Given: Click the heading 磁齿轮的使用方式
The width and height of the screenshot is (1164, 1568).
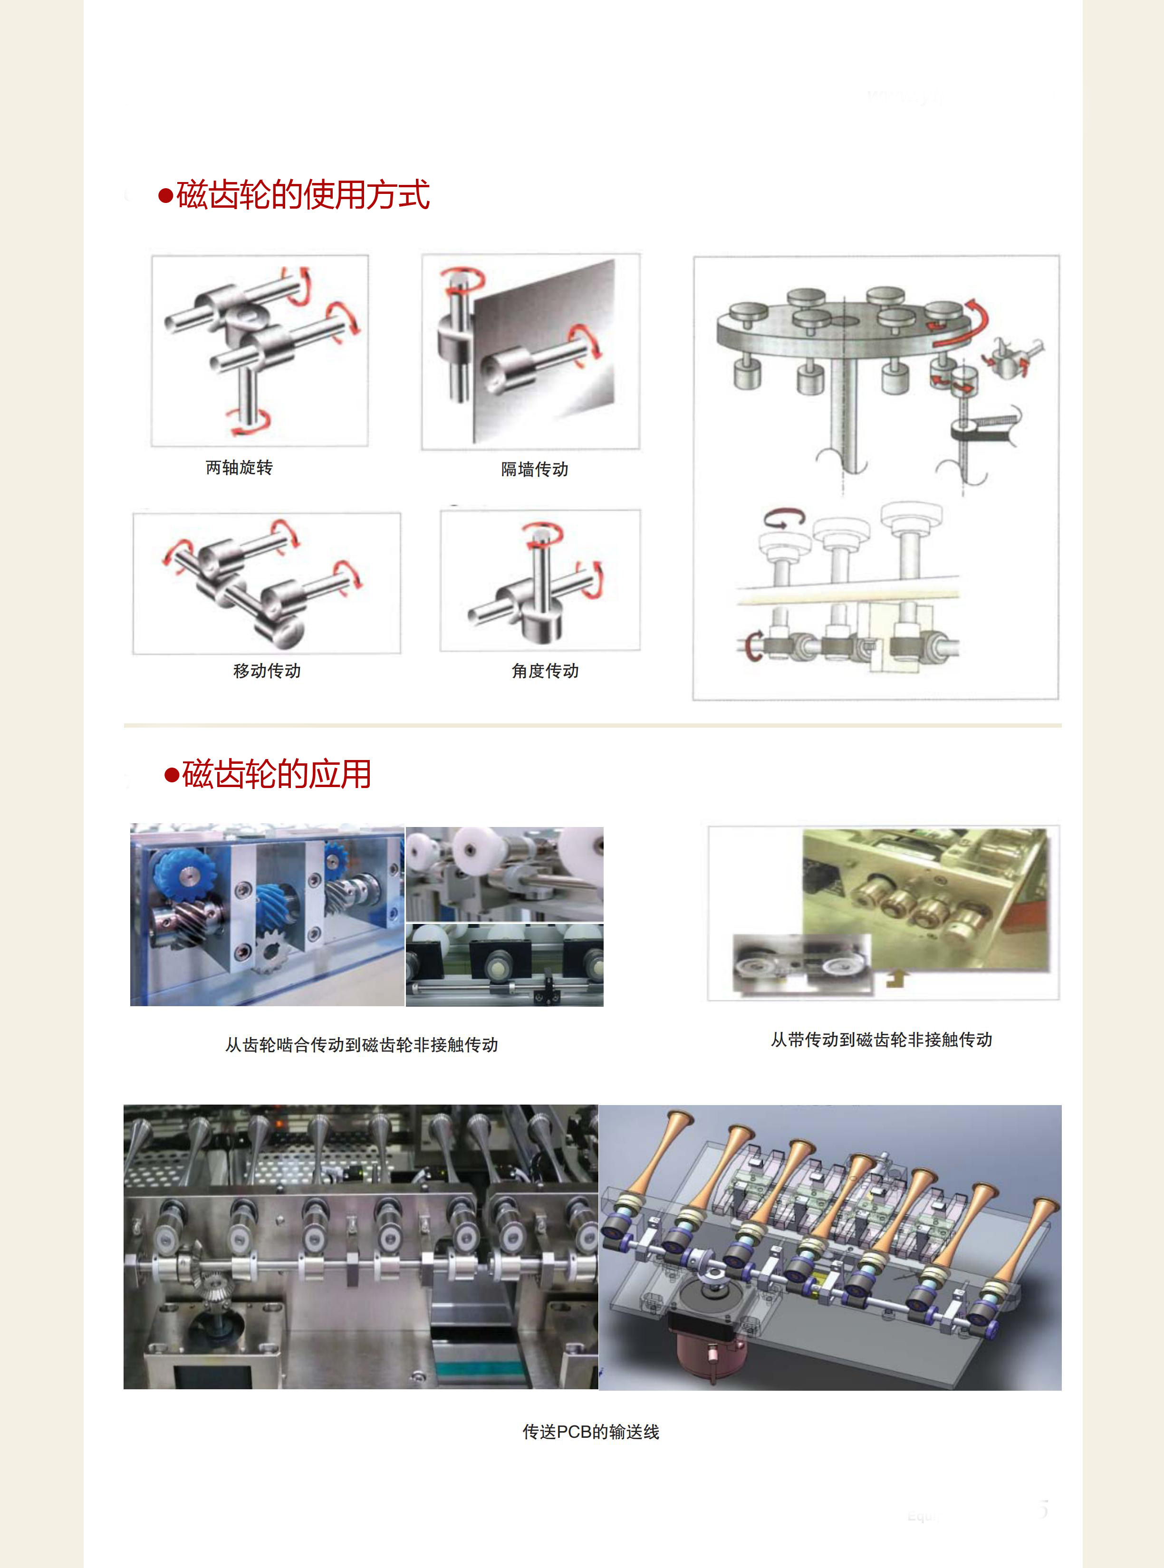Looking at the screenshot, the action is pyautogui.click(x=303, y=195).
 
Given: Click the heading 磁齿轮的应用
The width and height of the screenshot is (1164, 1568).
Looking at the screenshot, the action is pyautogui.click(x=276, y=774).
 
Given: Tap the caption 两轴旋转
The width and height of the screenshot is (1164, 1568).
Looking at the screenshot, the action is pyautogui.click(x=239, y=468).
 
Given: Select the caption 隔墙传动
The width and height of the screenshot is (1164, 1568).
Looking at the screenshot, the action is pyautogui.click(x=535, y=469).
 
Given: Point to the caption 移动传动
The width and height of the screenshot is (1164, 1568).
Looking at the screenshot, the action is pyautogui.click(x=267, y=671).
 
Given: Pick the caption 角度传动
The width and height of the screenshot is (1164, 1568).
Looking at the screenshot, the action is pyautogui.click(x=545, y=671).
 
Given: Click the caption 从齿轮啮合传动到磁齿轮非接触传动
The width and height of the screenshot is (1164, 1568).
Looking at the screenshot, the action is pyautogui.click(x=361, y=1045).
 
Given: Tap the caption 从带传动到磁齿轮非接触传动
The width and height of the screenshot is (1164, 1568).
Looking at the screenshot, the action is pyautogui.click(x=882, y=1039).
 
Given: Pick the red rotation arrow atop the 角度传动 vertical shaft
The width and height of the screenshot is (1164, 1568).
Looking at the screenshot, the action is pyautogui.click(x=542, y=534).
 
